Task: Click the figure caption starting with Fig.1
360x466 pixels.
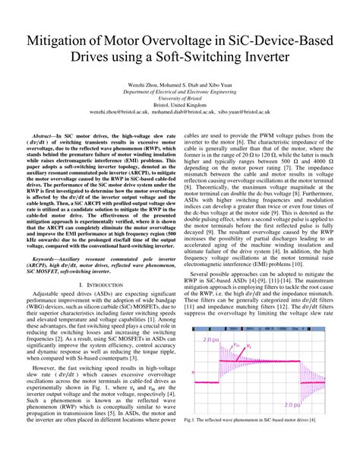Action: pos(250,439)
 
